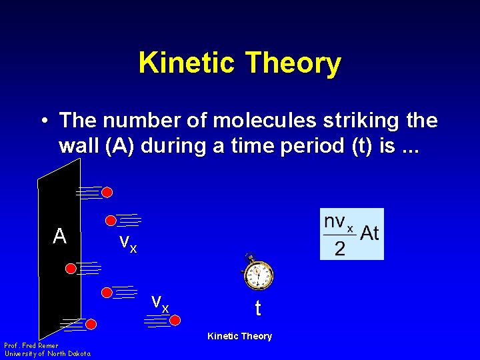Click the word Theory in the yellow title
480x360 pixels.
tap(293, 63)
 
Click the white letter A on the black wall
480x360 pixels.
tap(60, 236)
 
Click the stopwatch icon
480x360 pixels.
tap(257, 273)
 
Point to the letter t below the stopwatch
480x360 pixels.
tap(257, 309)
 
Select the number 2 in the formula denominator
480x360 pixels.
tap(339, 249)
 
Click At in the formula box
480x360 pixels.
tap(369, 233)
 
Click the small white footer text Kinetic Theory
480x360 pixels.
tap(239, 336)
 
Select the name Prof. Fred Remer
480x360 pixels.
tap(31, 346)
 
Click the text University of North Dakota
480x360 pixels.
tap(47, 353)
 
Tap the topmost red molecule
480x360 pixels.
tap(107, 192)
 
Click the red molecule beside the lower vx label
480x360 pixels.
tap(175, 320)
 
